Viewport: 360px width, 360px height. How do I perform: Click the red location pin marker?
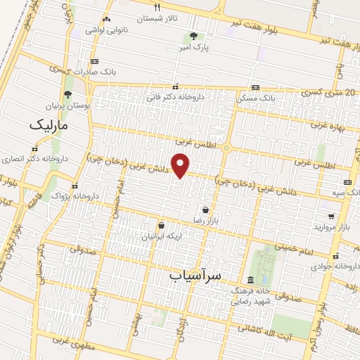[x=181, y=165]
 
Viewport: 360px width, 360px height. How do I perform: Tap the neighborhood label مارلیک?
[x=49, y=124]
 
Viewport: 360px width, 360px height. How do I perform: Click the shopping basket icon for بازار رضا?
[x=205, y=210]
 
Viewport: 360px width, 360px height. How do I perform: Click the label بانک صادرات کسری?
[x=109, y=72]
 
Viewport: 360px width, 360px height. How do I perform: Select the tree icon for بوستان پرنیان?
[x=67, y=94]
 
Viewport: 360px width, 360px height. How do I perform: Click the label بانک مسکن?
[x=237, y=98]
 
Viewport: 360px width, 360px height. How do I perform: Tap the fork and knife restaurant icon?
[x=157, y=8]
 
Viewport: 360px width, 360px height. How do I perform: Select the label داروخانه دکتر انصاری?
[x=35, y=159]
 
